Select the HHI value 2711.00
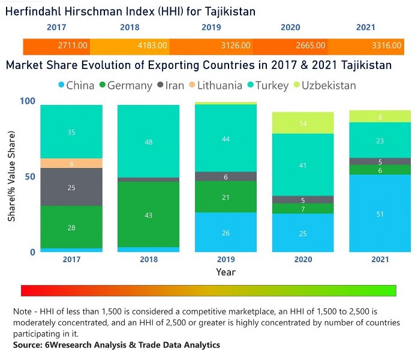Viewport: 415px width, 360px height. (73, 45)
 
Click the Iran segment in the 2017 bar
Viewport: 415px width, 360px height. (71, 188)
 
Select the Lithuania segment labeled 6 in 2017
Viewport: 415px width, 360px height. (71, 163)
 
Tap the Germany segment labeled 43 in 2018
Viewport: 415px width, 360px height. (148, 214)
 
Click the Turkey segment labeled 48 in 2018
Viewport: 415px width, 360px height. (148, 142)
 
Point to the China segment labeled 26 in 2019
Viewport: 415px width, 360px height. (225, 232)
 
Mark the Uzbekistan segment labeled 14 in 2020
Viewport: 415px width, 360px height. (303, 123)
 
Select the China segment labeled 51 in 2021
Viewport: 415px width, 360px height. (380, 214)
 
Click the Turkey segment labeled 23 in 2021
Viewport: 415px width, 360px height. (380, 140)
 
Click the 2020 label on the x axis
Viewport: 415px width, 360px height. (303, 260)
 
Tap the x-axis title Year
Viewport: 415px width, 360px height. (225, 272)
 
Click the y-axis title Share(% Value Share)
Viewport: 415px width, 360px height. (11, 177)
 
